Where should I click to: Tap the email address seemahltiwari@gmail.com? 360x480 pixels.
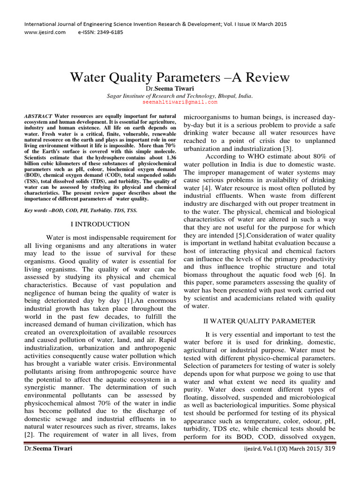(180, 102)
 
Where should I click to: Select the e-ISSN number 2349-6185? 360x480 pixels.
(111, 33)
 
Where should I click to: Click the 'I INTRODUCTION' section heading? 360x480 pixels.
(100, 225)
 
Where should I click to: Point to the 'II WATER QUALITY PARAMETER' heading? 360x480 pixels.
(259, 321)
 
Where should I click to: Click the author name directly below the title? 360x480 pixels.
(180, 89)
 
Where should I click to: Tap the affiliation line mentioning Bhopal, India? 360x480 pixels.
(180, 95)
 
